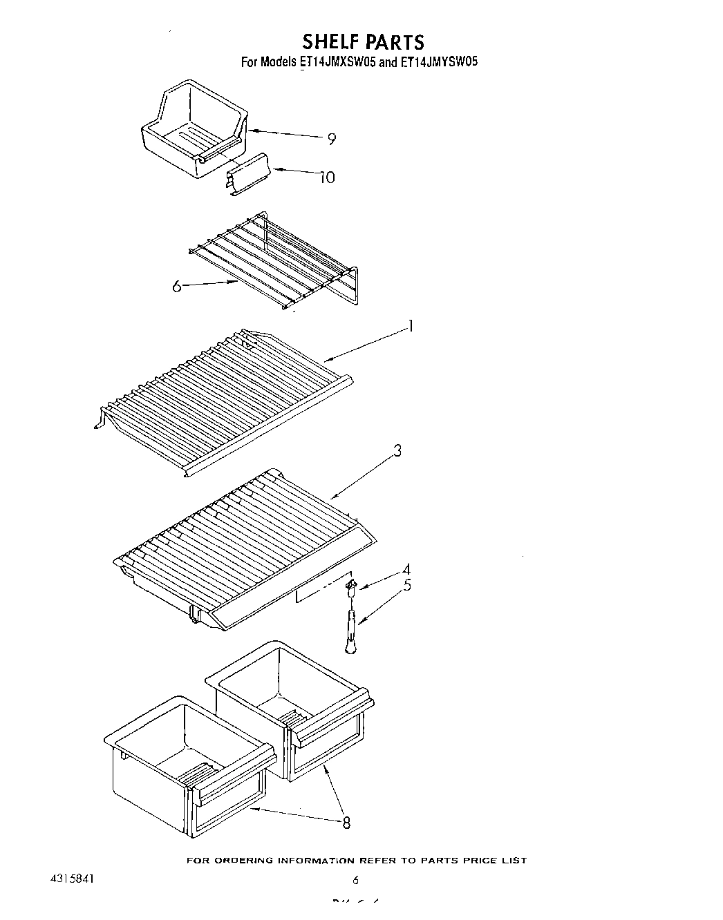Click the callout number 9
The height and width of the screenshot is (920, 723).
[332, 140]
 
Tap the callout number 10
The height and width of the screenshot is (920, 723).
[326, 178]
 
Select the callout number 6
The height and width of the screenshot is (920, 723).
[177, 285]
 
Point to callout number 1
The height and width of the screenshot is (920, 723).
[411, 325]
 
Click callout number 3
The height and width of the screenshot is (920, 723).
[397, 450]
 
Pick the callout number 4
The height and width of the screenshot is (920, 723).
[406, 569]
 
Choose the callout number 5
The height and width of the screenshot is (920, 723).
[407, 585]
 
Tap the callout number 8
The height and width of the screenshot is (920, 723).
[346, 822]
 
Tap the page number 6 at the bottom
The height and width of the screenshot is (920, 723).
[356, 880]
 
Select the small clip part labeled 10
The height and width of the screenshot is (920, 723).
[247, 175]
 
